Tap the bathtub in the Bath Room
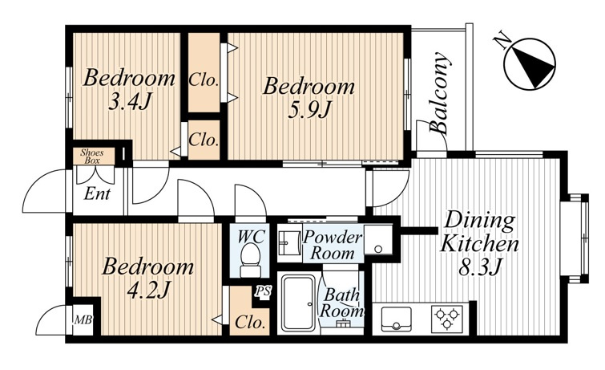[299, 303]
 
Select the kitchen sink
[397, 319]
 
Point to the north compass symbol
[530, 63]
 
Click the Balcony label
[440, 93]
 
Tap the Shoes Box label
[92, 157]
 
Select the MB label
[83, 320]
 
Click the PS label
[263, 291]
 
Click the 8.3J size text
[480, 267]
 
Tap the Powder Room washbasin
[290, 242]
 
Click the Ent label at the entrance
[97, 193]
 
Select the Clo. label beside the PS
[251, 322]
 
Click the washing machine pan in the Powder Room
[378, 239]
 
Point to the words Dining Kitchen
[480, 232]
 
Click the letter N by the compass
[502, 40]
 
